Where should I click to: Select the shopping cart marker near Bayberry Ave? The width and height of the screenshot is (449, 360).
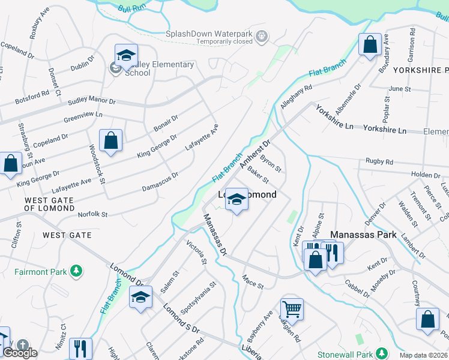[x=292, y=309]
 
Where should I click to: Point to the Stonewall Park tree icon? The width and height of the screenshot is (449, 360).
[x=381, y=352]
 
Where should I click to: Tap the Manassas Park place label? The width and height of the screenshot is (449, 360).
[x=363, y=235]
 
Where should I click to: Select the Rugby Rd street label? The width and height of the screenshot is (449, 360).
[x=381, y=162]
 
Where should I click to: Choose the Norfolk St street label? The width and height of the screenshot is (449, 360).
[x=92, y=214]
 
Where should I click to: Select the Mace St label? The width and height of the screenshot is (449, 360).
[x=253, y=281]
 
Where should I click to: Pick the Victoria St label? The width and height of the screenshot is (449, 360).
[x=196, y=253]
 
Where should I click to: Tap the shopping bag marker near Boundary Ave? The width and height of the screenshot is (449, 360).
[x=370, y=44]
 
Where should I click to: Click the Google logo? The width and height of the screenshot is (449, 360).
[x=20, y=353]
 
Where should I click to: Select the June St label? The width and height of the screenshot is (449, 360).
[x=399, y=89]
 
